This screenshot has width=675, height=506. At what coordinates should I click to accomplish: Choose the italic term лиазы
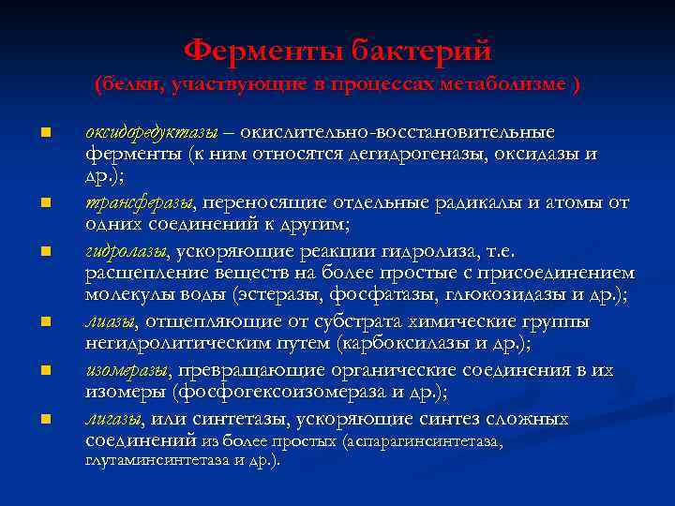[x=108, y=322]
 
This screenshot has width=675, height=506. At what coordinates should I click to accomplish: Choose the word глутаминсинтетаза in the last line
[x=151, y=460]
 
